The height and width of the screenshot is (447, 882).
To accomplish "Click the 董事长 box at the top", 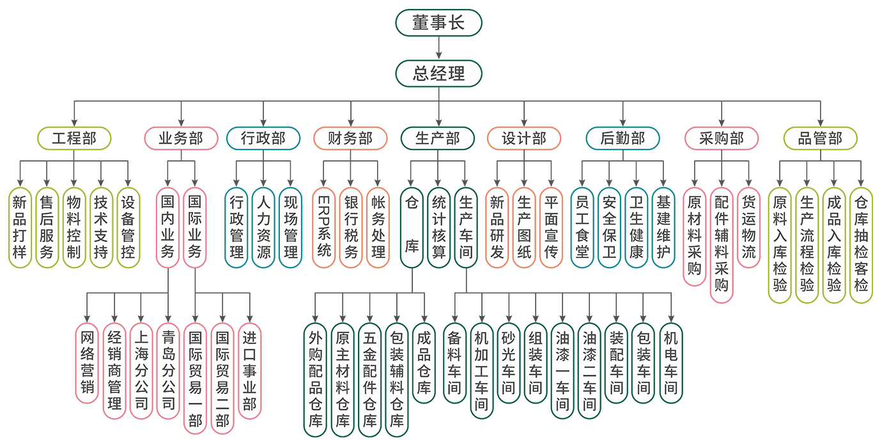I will [438, 24].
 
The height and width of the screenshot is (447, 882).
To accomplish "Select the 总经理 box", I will [438, 73].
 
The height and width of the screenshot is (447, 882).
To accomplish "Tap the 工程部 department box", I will [74, 139].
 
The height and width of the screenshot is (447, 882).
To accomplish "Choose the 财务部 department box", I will [350, 139].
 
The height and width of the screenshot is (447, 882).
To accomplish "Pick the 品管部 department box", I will [820, 139].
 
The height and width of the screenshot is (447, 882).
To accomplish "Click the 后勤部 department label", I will [623, 139].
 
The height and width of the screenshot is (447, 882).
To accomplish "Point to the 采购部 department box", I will [722, 139].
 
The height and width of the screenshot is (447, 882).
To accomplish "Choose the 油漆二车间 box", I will [589, 370].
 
